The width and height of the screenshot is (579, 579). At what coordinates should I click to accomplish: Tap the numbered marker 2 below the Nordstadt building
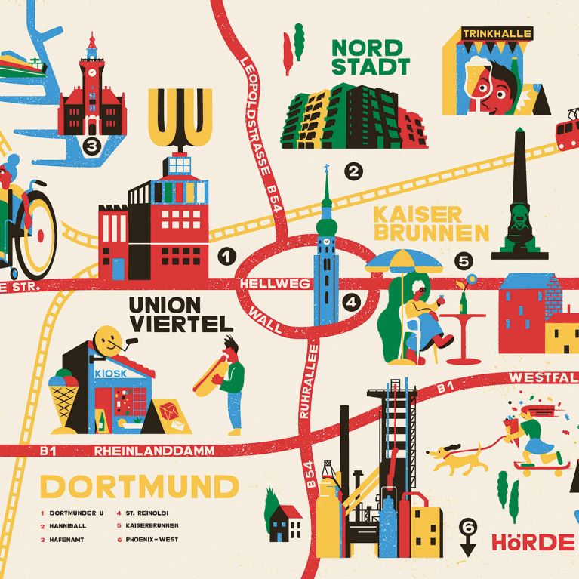[353, 172]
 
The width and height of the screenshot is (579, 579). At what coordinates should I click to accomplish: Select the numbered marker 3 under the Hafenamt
[91, 146]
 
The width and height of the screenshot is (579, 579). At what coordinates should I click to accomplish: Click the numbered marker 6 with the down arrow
[468, 526]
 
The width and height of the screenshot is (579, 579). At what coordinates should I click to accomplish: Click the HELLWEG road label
[261, 284]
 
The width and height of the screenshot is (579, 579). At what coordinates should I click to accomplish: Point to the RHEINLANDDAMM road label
[155, 451]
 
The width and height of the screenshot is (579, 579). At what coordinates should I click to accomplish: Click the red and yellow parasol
[403, 261]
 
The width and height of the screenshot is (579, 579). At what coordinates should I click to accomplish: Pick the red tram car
[567, 131]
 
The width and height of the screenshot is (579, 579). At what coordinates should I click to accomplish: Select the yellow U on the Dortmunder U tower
[180, 117]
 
